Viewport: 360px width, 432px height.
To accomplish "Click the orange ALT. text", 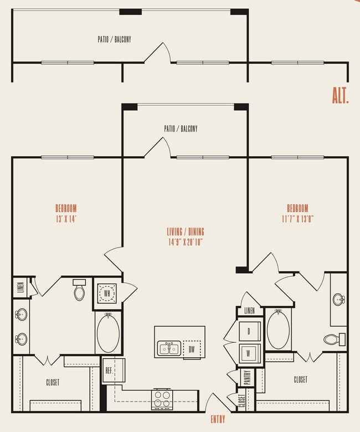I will click(x=340, y=95).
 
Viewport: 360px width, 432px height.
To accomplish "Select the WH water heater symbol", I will click(x=107, y=292).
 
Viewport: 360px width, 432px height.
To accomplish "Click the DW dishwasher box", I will click(x=192, y=349).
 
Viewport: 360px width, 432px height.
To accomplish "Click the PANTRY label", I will click(x=247, y=377).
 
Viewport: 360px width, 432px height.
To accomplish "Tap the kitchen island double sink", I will click(x=168, y=348).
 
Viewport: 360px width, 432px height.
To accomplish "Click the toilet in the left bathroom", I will click(x=79, y=290).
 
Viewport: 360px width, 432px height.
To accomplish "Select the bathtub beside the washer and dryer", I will click(x=278, y=328).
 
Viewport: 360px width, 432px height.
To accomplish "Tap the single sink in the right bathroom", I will click(x=339, y=300).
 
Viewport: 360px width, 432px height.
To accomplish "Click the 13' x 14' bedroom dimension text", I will click(x=65, y=218).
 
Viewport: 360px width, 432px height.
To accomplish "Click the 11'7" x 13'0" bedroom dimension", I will click(x=297, y=218).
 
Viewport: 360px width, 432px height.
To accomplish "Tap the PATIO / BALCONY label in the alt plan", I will click(x=114, y=40).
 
